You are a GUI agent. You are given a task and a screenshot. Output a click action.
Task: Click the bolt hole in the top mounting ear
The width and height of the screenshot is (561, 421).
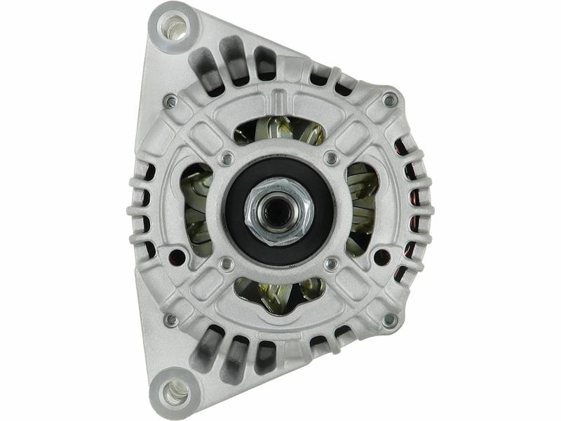[174, 27]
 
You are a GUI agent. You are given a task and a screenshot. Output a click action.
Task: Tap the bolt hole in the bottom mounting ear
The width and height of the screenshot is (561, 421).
[173, 394]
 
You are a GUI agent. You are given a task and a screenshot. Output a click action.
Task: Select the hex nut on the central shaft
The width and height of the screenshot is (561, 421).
[278, 210]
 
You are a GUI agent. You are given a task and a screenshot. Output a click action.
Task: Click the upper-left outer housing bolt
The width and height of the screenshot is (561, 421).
[170, 102]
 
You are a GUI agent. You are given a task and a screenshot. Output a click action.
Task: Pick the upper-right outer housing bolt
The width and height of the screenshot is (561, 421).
[389, 101]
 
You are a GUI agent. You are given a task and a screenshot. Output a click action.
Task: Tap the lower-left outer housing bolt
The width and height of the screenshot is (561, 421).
[170, 320]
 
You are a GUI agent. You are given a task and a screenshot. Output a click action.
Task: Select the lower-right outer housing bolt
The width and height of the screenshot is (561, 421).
[389, 320]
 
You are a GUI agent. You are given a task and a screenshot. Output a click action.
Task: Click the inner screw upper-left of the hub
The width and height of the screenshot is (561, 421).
[226, 159]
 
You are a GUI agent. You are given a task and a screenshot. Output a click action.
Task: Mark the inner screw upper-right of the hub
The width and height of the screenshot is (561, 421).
[331, 159]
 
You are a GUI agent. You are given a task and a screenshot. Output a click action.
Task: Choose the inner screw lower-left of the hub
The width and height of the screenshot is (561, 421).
[226, 264]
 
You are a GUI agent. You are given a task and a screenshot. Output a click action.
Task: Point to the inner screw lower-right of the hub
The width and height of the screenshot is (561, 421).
[331, 264]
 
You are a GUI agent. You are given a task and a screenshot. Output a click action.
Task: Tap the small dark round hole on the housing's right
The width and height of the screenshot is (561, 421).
[381, 258]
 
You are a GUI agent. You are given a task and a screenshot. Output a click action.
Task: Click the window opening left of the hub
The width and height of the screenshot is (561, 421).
[198, 210]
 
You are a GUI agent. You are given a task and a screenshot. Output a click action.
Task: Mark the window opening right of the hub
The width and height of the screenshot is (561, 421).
[361, 210]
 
